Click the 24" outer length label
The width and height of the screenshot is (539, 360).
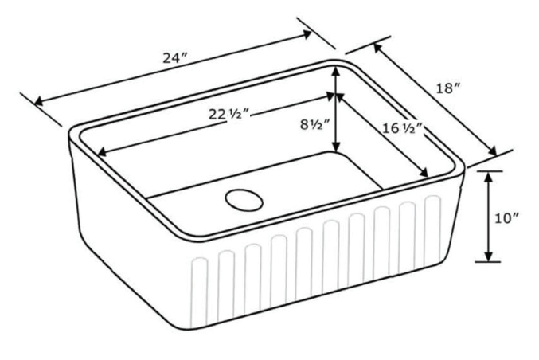(174, 58)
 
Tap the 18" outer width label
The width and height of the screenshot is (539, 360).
(448, 88)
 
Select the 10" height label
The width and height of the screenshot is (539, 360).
(506, 218)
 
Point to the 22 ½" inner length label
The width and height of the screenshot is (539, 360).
(228, 114)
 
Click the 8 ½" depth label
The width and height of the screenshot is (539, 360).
(314, 124)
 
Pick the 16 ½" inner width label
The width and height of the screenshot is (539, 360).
(402, 128)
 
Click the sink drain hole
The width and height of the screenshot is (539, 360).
(244, 200)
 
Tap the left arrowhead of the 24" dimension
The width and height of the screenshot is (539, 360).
(38, 101)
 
